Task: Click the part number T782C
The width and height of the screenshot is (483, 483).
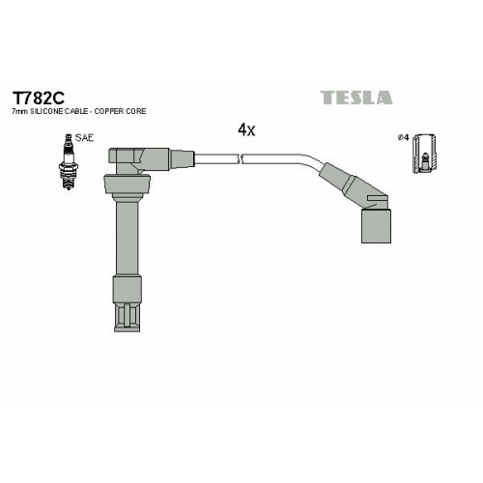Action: (x=39, y=98)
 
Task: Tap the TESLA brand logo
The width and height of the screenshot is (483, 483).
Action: (x=356, y=98)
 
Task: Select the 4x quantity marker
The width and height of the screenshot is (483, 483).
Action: (x=246, y=129)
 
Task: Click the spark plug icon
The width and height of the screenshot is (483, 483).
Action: (x=69, y=161)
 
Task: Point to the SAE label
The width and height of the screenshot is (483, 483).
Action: (x=84, y=138)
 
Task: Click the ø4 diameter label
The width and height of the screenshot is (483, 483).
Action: (x=403, y=137)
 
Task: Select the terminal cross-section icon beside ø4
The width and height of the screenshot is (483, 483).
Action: (x=425, y=154)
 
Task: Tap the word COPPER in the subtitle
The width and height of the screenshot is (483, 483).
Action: (x=108, y=111)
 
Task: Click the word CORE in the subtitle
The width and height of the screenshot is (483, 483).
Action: (x=135, y=111)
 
